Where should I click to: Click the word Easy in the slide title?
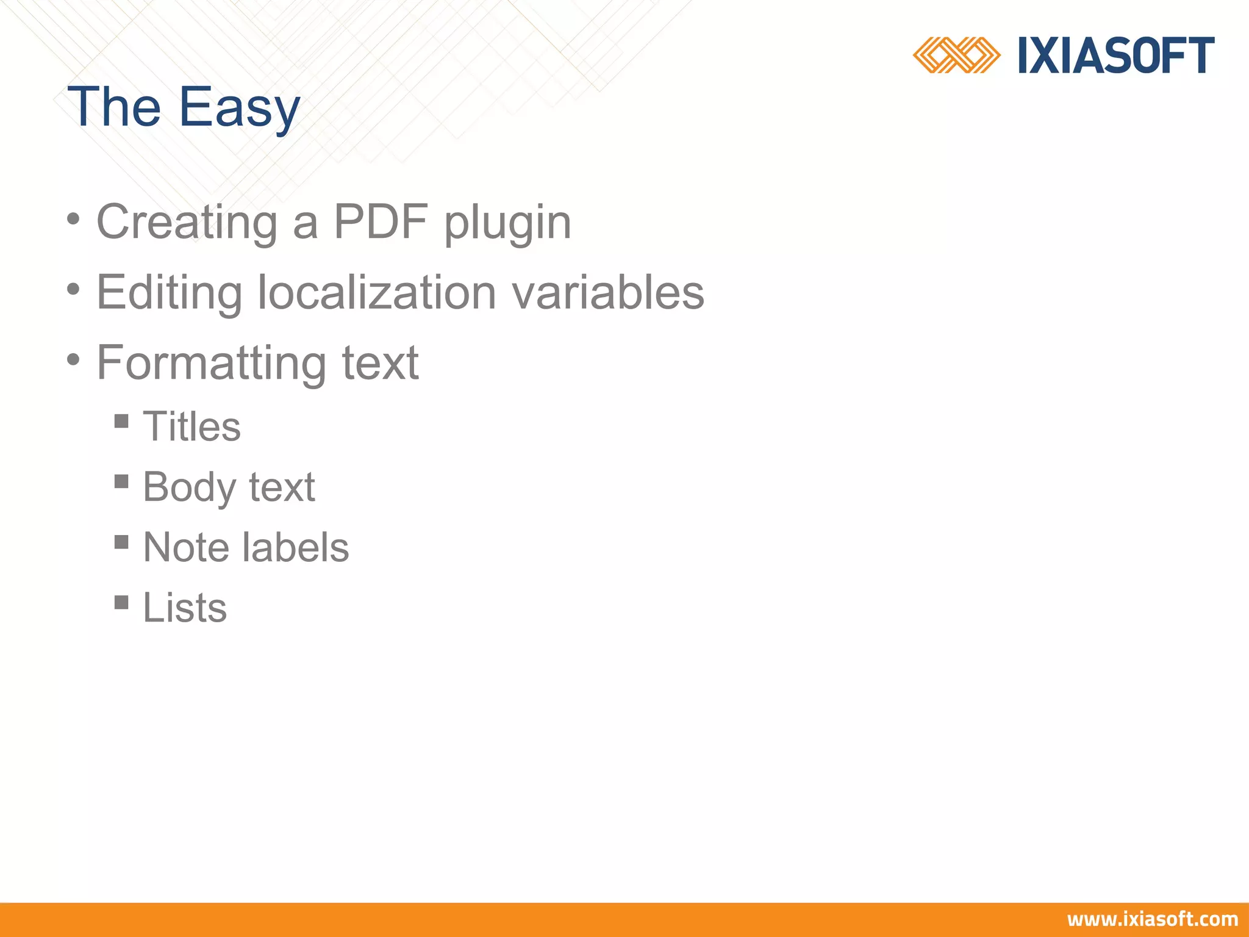coord(239,107)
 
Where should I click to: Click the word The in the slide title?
coord(114,107)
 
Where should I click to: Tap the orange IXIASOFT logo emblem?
coord(956,56)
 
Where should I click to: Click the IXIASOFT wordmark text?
coord(1116,56)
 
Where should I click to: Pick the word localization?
coord(376,292)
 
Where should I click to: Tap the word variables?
coord(607,292)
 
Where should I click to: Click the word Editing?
coord(170,292)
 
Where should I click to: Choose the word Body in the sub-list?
coord(189,487)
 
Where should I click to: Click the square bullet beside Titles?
coord(121,421)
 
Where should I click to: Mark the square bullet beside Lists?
coord(121,603)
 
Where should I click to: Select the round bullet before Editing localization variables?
coord(73,289)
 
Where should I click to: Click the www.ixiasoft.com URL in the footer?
coord(1152,919)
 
